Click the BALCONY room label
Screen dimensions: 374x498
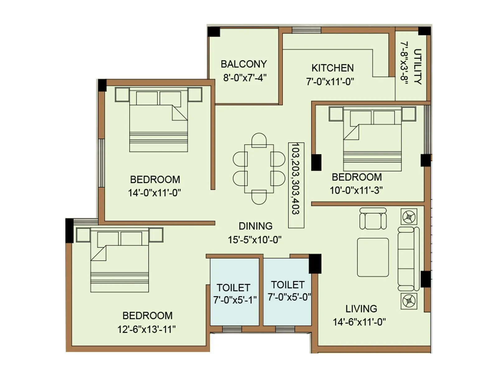coord(244,64)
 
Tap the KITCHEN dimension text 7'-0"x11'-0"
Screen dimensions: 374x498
coord(330,82)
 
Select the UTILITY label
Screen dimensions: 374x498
coord(418,66)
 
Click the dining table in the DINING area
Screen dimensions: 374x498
coord(259,169)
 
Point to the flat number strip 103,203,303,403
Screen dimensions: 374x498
coord(296,185)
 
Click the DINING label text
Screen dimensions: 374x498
coord(256,226)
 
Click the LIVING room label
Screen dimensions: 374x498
coord(361,309)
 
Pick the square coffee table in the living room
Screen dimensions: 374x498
coord(373,257)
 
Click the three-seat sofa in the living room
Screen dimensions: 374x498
coord(408,259)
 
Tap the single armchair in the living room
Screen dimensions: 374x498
coord(373,219)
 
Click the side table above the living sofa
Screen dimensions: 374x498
coord(409,217)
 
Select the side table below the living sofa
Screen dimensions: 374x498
coord(409,301)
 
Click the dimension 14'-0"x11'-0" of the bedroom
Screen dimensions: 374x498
coord(154,193)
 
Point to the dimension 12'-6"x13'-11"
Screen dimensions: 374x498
coord(146,329)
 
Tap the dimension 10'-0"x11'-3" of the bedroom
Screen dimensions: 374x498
coord(356,190)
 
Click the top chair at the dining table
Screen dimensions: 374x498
coord(259,140)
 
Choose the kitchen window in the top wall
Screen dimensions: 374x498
coord(306,30)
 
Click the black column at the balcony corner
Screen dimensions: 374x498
coord(214,32)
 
